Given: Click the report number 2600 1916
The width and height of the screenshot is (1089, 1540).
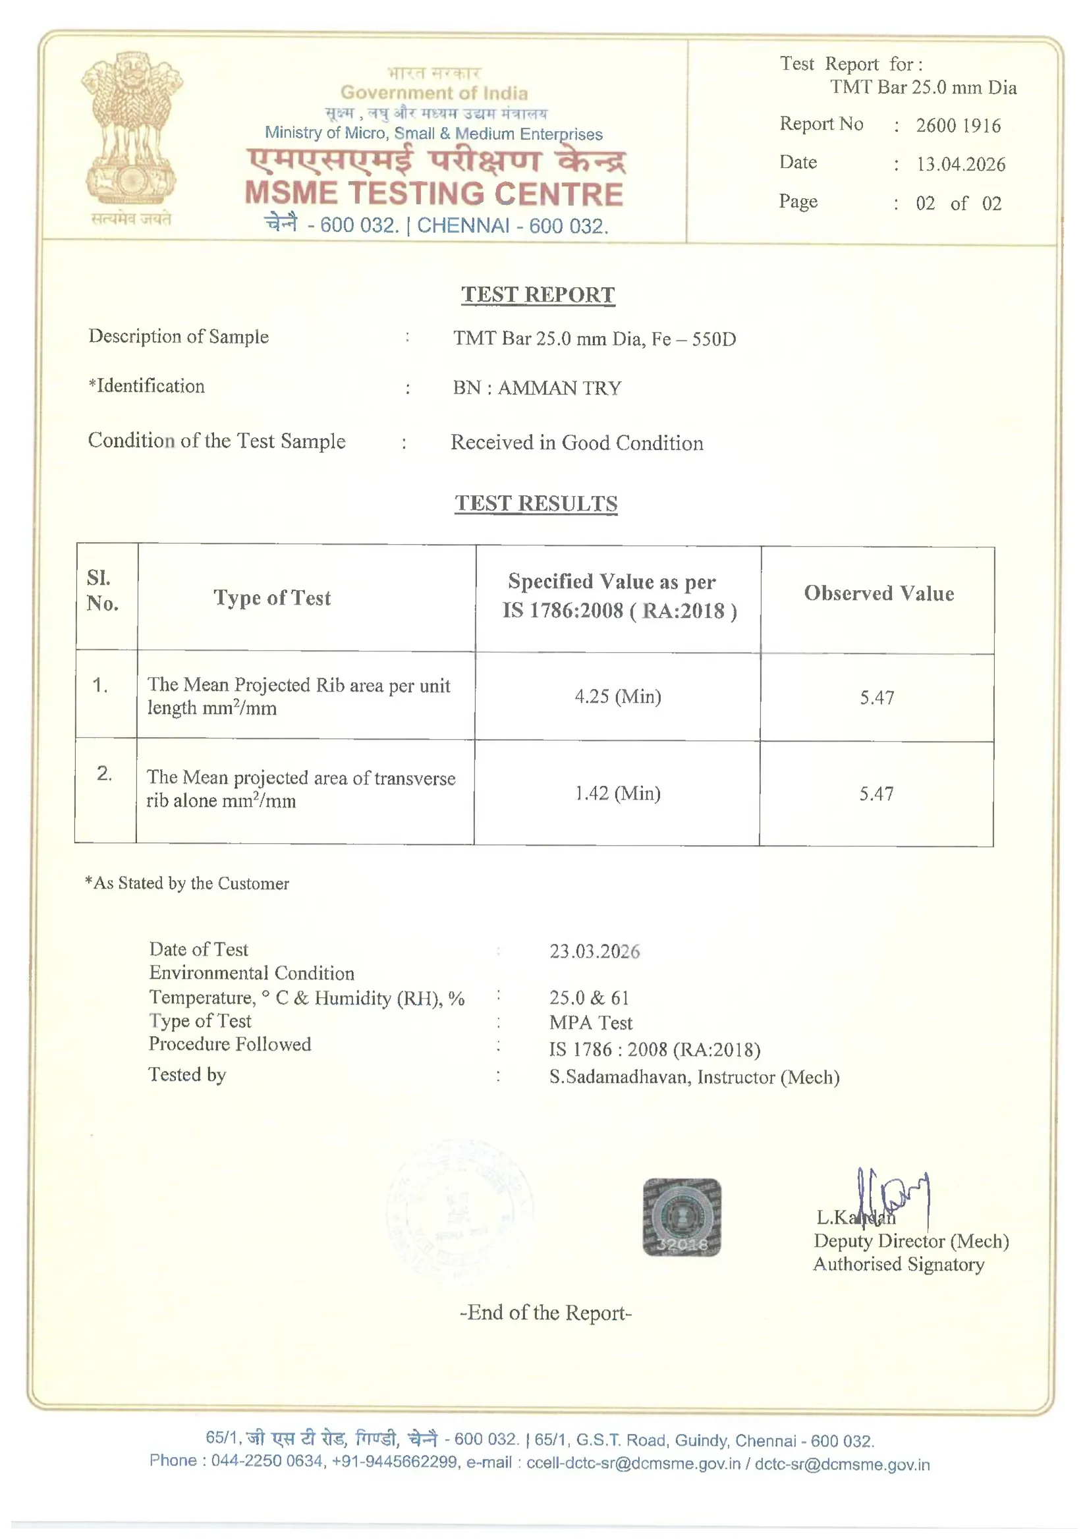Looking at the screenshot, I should coord(957,125).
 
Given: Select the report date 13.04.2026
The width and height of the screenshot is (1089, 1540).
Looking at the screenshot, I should coord(961,164).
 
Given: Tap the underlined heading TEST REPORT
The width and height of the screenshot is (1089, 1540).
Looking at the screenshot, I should coord(538,294).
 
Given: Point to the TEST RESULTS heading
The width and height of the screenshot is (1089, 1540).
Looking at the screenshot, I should coord(536,504).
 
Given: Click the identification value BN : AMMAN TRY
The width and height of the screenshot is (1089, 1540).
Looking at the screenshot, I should coord(537,388).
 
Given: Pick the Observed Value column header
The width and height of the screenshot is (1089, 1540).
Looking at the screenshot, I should coord(878,593).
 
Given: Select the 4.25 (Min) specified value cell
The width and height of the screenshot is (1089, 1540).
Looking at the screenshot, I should coord(617,696).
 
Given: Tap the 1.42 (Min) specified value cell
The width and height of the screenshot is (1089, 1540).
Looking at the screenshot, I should coord(617,794).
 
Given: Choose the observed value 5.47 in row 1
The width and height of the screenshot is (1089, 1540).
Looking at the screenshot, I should coord(877,698).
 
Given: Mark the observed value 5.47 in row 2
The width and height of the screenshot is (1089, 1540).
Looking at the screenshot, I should coord(876,794).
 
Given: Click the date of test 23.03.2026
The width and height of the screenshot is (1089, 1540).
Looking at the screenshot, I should coord(594,951).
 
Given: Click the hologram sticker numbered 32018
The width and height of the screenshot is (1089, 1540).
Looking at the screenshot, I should coord(682,1217).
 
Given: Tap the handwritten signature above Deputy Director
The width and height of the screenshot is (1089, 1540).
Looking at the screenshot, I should coord(893,1198).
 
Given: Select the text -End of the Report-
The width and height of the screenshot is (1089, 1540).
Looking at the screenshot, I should coord(545,1313).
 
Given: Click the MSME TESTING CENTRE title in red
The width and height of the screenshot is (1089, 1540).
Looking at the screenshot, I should coord(434,194).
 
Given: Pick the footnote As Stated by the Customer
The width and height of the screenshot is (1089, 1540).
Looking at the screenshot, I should coord(187,883).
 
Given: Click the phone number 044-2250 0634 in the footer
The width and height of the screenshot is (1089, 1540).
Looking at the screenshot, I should coord(267,1461).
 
